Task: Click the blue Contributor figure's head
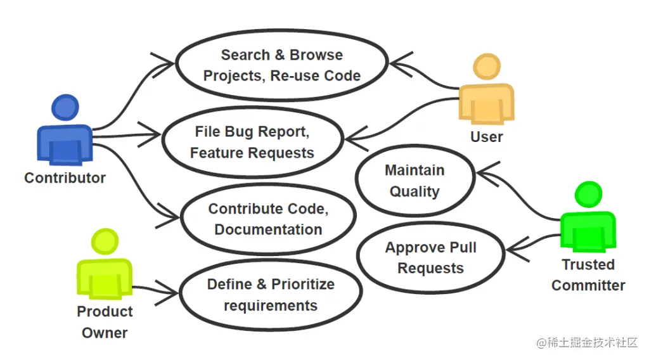coord(65,108)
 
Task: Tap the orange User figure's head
coord(487,68)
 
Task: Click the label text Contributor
coord(65,178)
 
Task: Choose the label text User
coord(486,137)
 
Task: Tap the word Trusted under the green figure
coord(588,265)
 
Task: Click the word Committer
coord(588,286)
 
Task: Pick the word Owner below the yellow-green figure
coord(105,333)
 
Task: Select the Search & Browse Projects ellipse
coord(281,65)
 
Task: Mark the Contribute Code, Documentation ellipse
coord(268,219)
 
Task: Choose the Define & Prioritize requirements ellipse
coord(271,295)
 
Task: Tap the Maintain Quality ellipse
coord(414,181)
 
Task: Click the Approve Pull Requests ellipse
coord(430,257)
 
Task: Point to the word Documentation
coord(268,230)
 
